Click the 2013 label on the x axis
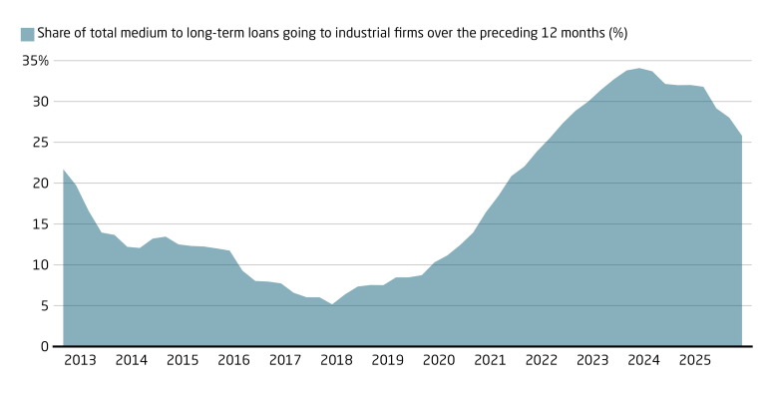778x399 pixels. [80, 360]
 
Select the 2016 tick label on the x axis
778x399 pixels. [233, 360]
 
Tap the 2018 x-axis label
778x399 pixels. [336, 360]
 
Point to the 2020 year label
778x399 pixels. [439, 360]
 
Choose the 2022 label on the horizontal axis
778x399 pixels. [541, 360]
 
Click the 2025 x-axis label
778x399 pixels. [694, 360]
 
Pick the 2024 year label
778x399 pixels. [643, 360]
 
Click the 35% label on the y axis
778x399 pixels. [35, 61]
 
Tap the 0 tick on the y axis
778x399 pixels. [44, 347]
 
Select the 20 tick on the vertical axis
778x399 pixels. [41, 184]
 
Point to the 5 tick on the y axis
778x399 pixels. [44, 306]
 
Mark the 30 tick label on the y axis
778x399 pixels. [41, 102]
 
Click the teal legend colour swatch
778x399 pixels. [27, 34]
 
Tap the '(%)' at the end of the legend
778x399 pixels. [616, 34]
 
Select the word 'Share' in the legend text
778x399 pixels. [55, 34]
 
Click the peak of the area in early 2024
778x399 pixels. [639, 69]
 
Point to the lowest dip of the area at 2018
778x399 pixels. [332, 305]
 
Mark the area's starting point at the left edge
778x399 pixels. [63, 170]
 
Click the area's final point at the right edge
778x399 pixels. [741, 136]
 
